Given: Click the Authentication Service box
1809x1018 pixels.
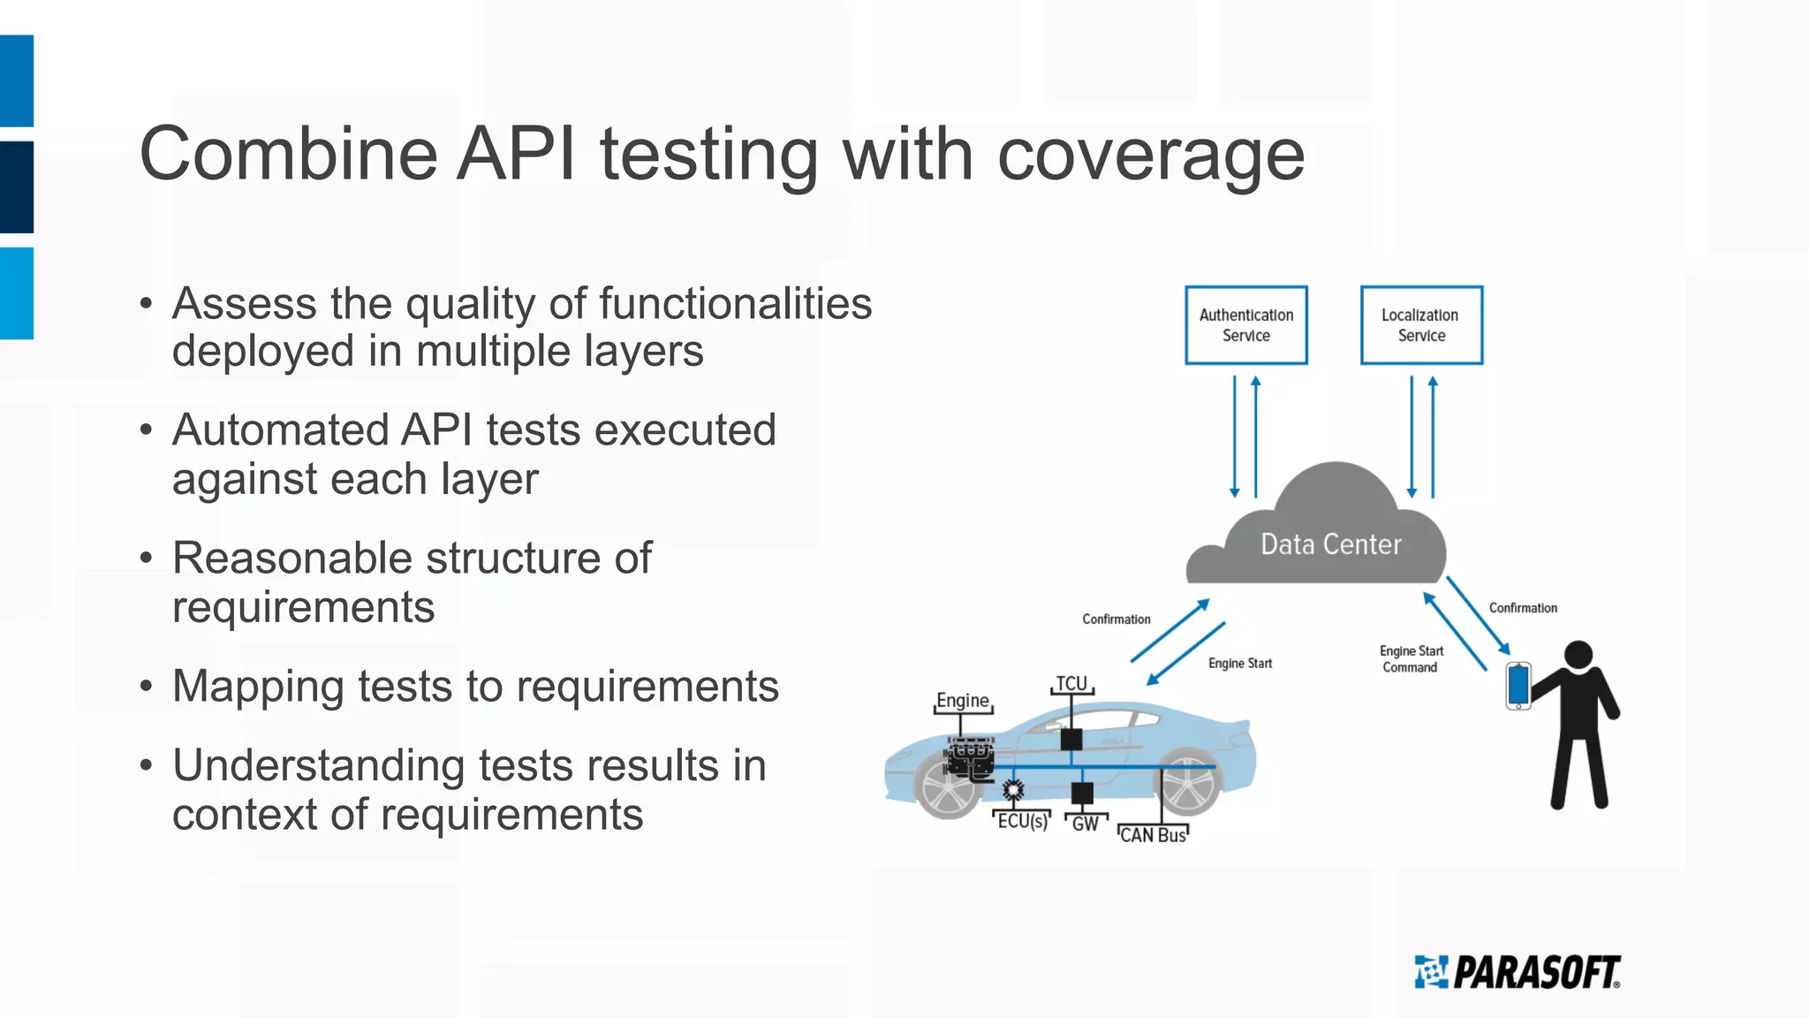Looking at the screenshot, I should click(x=1245, y=325).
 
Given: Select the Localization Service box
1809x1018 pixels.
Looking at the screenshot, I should click(x=1421, y=325).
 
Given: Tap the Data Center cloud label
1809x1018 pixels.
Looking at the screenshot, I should click(x=1330, y=544).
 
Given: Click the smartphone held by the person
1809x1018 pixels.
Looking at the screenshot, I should click(x=1518, y=686).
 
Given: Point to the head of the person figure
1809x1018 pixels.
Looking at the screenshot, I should click(x=1578, y=655).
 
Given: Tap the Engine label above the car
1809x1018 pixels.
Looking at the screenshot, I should click(x=962, y=701).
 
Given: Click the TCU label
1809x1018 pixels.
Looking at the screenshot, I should click(x=1071, y=683).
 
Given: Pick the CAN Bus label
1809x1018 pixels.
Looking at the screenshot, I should click(x=1153, y=835).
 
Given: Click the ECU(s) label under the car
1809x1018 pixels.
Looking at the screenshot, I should click(x=1022, y=821).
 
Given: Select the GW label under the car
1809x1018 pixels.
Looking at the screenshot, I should click(x=1085, y=824).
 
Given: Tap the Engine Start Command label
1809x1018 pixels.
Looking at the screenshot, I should click(x=1411, y=659).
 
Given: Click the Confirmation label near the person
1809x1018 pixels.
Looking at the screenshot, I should click(x=1523, y=608).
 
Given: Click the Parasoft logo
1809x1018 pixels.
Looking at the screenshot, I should click(x=1518, y=972).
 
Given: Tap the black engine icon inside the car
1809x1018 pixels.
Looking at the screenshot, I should click(x=971, y=759).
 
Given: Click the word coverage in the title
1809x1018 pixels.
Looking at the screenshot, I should click(x=1150, y=156).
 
